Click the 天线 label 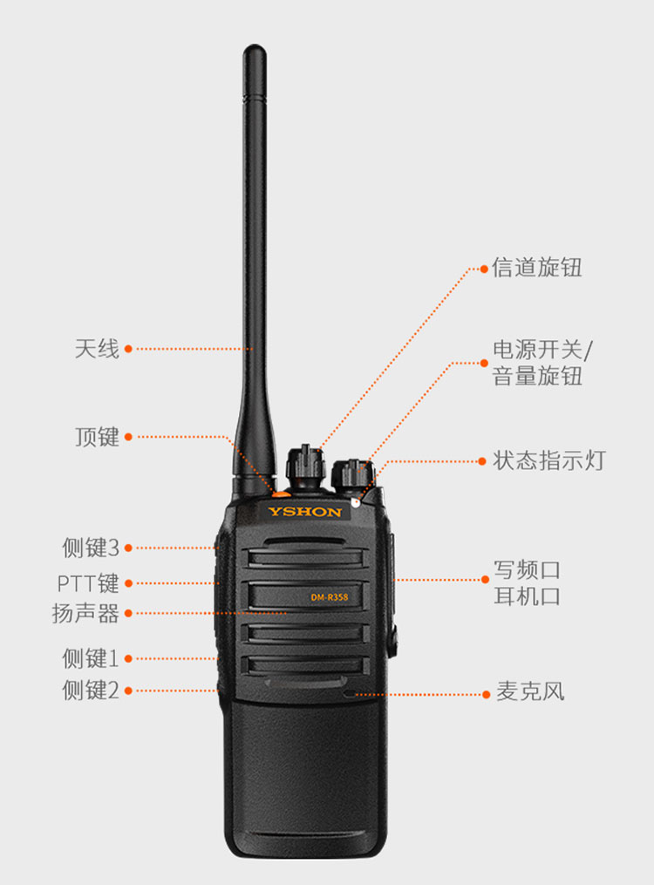click(97, 349)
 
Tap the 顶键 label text click(97, 437)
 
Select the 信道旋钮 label click(536, 268)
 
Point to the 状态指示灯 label click(549, 460)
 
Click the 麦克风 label click(530, 691)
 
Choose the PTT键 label click(88, 583)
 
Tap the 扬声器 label click(85, 614)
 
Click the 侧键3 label click(91, 548)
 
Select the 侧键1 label click(91, 658)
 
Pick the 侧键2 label click(91, 691)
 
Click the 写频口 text click(527, 570)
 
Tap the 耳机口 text click(527, 596)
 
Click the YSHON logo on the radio click(304, 512)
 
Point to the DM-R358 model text click(330, 597)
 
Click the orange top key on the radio click(281, 494)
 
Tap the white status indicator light click(356, 501)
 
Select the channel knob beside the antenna click(306, 467)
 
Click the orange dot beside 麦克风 click(486, 694)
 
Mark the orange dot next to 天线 click(128, 349)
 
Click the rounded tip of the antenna click(255, 49)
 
